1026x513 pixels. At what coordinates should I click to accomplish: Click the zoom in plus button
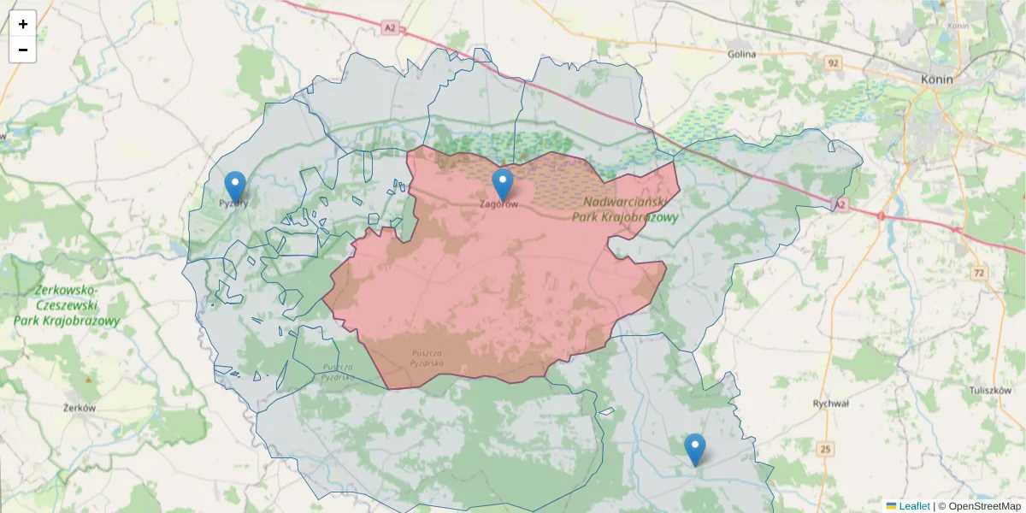click(x=22, y=24)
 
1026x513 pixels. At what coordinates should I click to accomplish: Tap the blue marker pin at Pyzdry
click(x=235, y=186)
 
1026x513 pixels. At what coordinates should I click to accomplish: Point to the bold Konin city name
click(x=937, y=79)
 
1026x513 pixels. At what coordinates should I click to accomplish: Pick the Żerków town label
click(x=80, y=408)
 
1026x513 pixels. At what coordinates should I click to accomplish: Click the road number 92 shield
click(x=834, y=62)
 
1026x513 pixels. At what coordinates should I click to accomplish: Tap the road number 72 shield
click(x=978, y=273)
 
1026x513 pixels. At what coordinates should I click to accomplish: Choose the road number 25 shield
click(x=825, y=449)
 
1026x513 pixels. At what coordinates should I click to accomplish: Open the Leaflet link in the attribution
click(x=913, y=506)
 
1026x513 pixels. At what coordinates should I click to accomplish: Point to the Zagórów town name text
click(x=498, y=204)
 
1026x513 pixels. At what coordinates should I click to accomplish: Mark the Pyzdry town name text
click(x=233, y=203)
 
